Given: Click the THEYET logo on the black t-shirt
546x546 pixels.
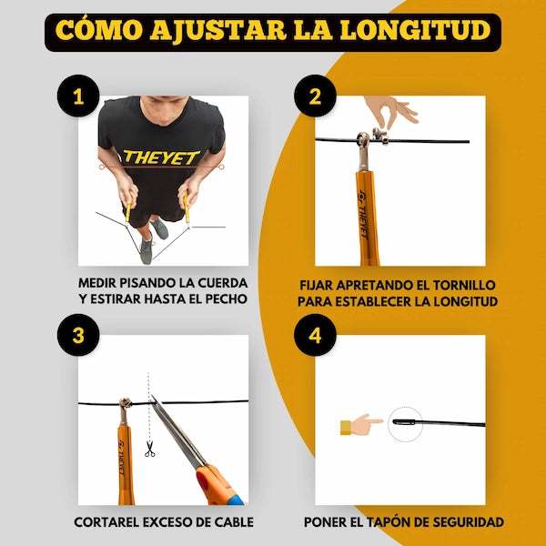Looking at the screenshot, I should (161, 157).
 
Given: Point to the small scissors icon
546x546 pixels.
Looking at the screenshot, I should (150, 448).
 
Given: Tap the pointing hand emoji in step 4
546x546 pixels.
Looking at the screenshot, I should (361, 424).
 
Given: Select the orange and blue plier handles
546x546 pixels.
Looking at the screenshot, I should (218, 484).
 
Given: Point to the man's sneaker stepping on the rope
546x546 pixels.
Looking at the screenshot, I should (147, 248).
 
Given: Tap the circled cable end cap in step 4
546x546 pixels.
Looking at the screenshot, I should (405, 423).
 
